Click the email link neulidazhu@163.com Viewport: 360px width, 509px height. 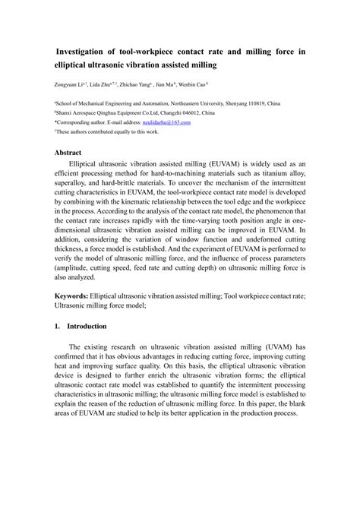(x=166, y=122)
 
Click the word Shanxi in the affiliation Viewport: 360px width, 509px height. (x=66, y=112)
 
